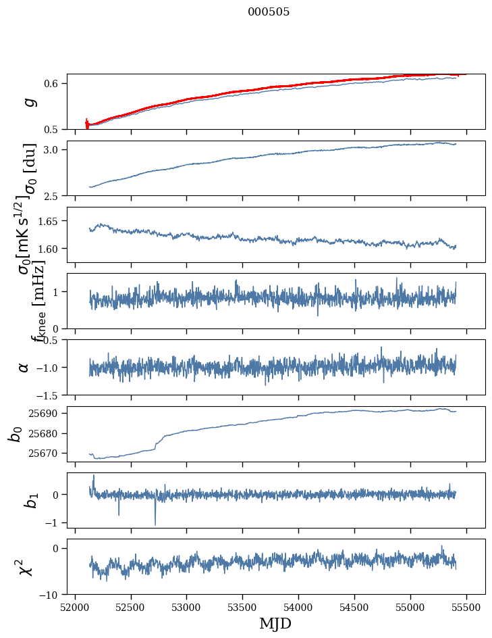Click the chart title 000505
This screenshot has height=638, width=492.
tap(269, 12)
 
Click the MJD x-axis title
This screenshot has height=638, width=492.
tap(275, 623)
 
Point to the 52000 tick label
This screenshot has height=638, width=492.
tap(75, 606)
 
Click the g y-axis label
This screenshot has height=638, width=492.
tap(28, 102)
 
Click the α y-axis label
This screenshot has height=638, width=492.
tap(24, 367)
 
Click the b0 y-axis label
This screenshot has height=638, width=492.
tap(15, 434)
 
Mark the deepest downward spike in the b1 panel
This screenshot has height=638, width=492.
tap(155, 524)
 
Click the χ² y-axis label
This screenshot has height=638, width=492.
tap(26, 567)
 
